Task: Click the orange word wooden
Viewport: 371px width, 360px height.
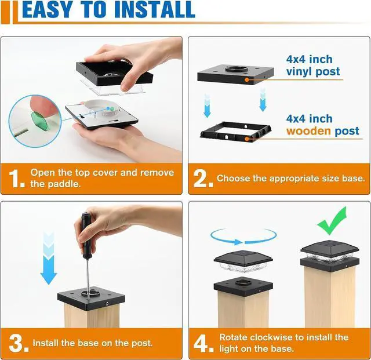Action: (308, 131)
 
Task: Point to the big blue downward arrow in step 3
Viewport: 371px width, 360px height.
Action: (49, 258)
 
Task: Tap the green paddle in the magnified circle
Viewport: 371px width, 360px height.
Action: (39, 121)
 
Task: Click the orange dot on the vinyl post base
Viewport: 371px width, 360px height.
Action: (247, 80)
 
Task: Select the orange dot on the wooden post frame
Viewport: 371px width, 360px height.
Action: (247, 139)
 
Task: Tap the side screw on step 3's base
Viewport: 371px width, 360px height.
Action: (107, 303)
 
